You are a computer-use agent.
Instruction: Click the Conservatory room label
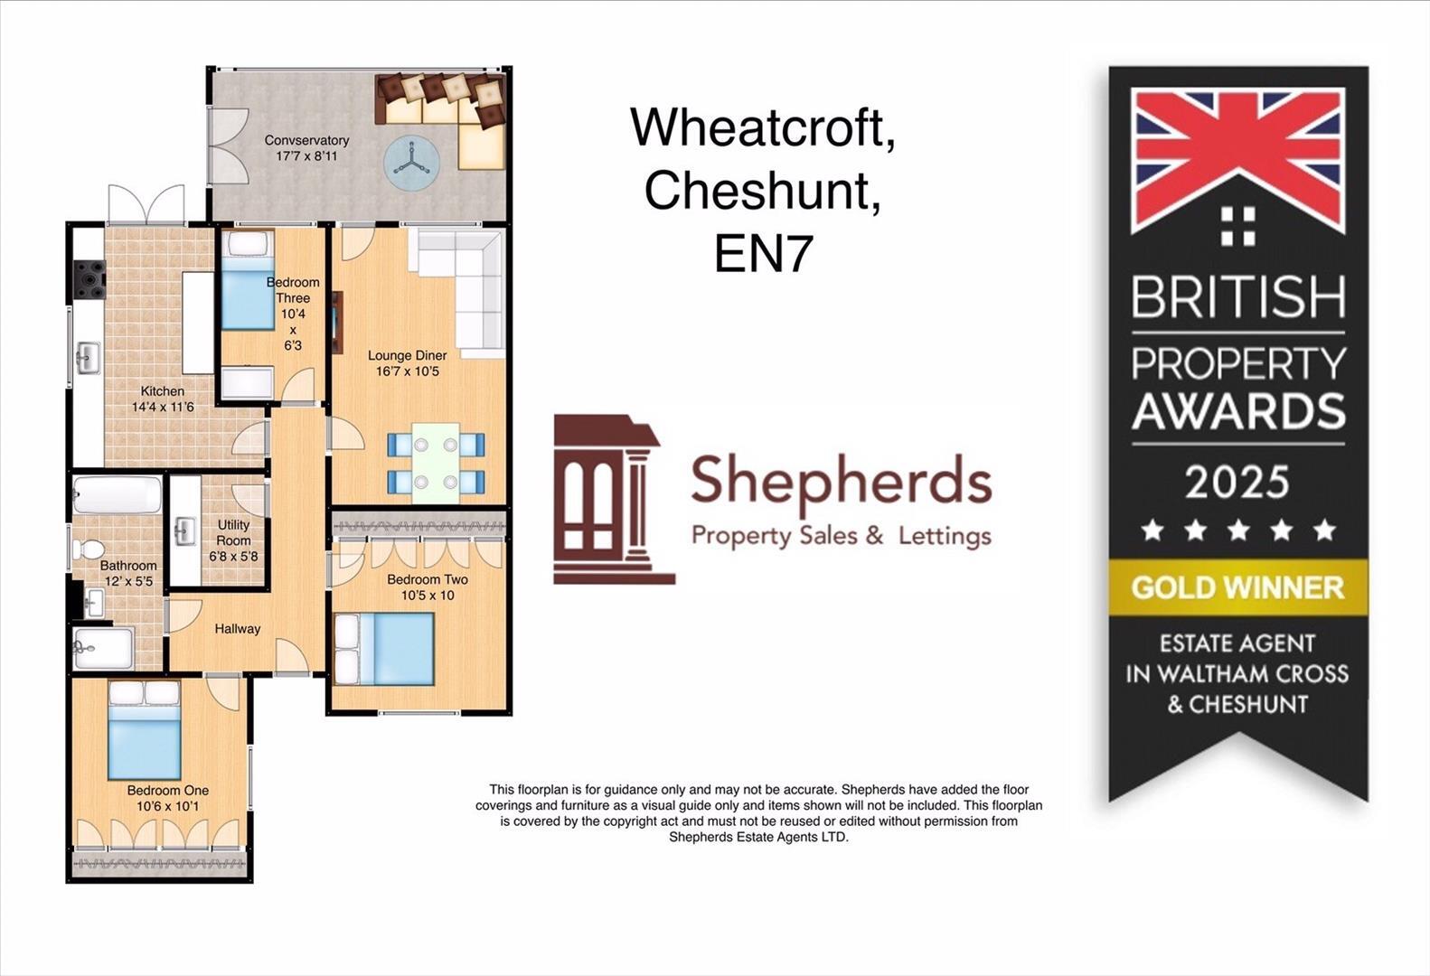pyautogui.click(x=306, y=141)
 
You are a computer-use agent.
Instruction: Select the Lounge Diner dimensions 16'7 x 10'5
pyautogui.click(x=408, y=371)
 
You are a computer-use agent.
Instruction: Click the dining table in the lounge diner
pyautogui.click(x=436, y=463)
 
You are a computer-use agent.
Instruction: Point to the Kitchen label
pyautogui.click(x=163, y=391)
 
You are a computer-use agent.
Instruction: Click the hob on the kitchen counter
pyautogui.click(x=89, y=278)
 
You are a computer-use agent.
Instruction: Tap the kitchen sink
pyautogui.click(x=88, y=358)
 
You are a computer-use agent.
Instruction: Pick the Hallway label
pyautogui.click(x=237, y=629)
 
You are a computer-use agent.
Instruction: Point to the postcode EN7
pyautogui.click(x=763, y=254)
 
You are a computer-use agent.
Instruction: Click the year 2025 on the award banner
pyautogui.click(x=1237, y=482)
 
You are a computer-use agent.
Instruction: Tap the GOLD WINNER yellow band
pyautogui.click(x=1237, y=587)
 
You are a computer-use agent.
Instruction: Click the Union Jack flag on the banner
pyautogui.click(x=1237, y=158)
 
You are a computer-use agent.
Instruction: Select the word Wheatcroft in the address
pyautogui.click(x=763, y=127)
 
